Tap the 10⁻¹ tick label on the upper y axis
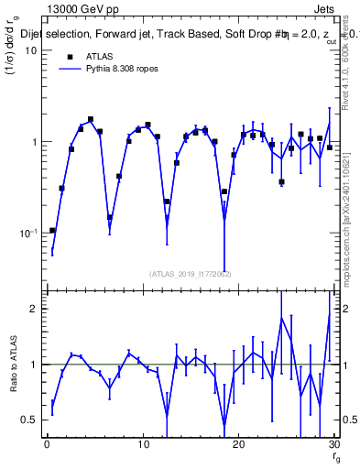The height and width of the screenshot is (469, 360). click(x=28, y=234)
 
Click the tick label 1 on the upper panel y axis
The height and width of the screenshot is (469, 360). click(x=34, y=142)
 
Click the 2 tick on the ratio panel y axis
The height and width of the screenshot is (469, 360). click(x=34, y=309)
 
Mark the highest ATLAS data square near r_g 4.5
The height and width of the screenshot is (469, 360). click(x=91, y=119)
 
